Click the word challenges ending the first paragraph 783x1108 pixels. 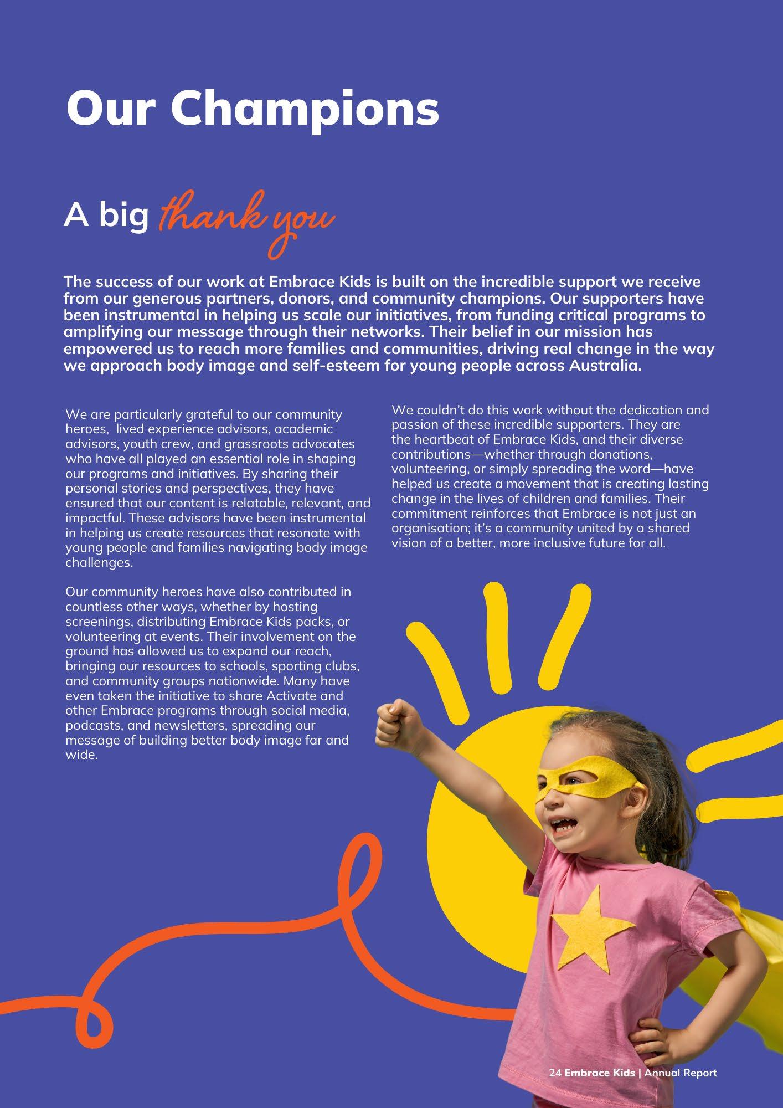pyautogui.click(x=99, y=563)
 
